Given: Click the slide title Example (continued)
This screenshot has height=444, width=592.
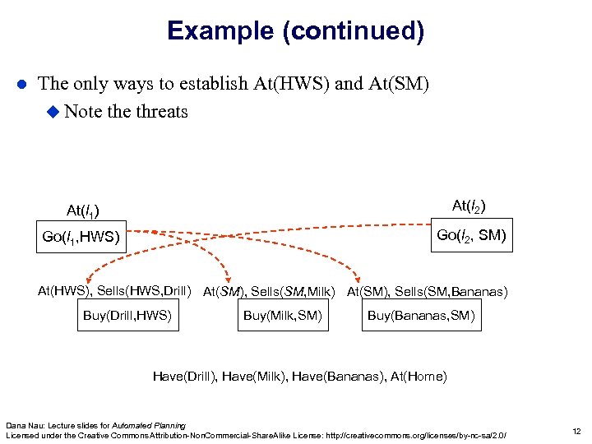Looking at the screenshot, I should pos(295,31).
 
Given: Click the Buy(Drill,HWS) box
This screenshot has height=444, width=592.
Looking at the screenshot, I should pos(127,315).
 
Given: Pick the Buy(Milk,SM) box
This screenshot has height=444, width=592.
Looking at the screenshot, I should pos(283,315).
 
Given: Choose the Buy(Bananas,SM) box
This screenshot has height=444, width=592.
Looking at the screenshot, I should pos(420,315).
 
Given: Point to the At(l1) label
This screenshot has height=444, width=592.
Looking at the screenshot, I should pos(83,210).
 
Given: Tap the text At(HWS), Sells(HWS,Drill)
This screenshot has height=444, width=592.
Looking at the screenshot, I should pos(114,290).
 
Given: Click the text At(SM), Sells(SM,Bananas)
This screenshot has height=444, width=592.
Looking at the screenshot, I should pos(427,291).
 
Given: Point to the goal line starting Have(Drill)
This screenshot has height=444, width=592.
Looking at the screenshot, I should pos(299,377).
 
